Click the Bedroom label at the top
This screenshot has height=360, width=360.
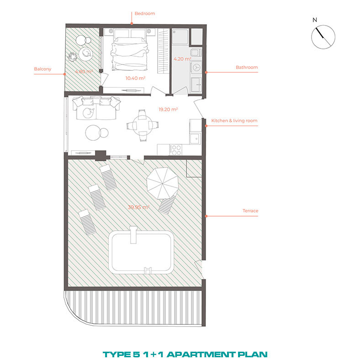click(145, 14)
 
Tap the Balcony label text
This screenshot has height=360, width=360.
click(42, 69)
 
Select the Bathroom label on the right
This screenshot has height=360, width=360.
click(247, 67)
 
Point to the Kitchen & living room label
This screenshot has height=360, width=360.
click(234, 121)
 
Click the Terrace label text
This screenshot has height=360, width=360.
click(250, 211)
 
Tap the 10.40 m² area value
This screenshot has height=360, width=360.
click(135, 78)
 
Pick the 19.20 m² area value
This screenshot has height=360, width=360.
click(168, 109)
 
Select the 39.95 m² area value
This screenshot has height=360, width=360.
click(138, 207)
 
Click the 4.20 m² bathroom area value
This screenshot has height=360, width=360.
click(182, 59)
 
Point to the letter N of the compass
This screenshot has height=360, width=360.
click(314, 20)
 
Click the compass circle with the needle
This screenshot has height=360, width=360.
click(323, 37)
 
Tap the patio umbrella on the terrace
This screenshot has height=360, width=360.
click(163, 183)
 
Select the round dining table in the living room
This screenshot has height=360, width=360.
click(143, 125)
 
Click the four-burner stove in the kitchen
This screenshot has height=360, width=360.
click(175, 150)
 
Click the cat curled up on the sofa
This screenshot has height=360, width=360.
click(88, 113)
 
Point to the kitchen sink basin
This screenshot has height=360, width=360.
click(195, 138)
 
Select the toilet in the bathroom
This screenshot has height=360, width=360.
click(196, 53)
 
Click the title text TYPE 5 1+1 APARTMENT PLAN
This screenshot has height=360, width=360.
click(185, 355)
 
